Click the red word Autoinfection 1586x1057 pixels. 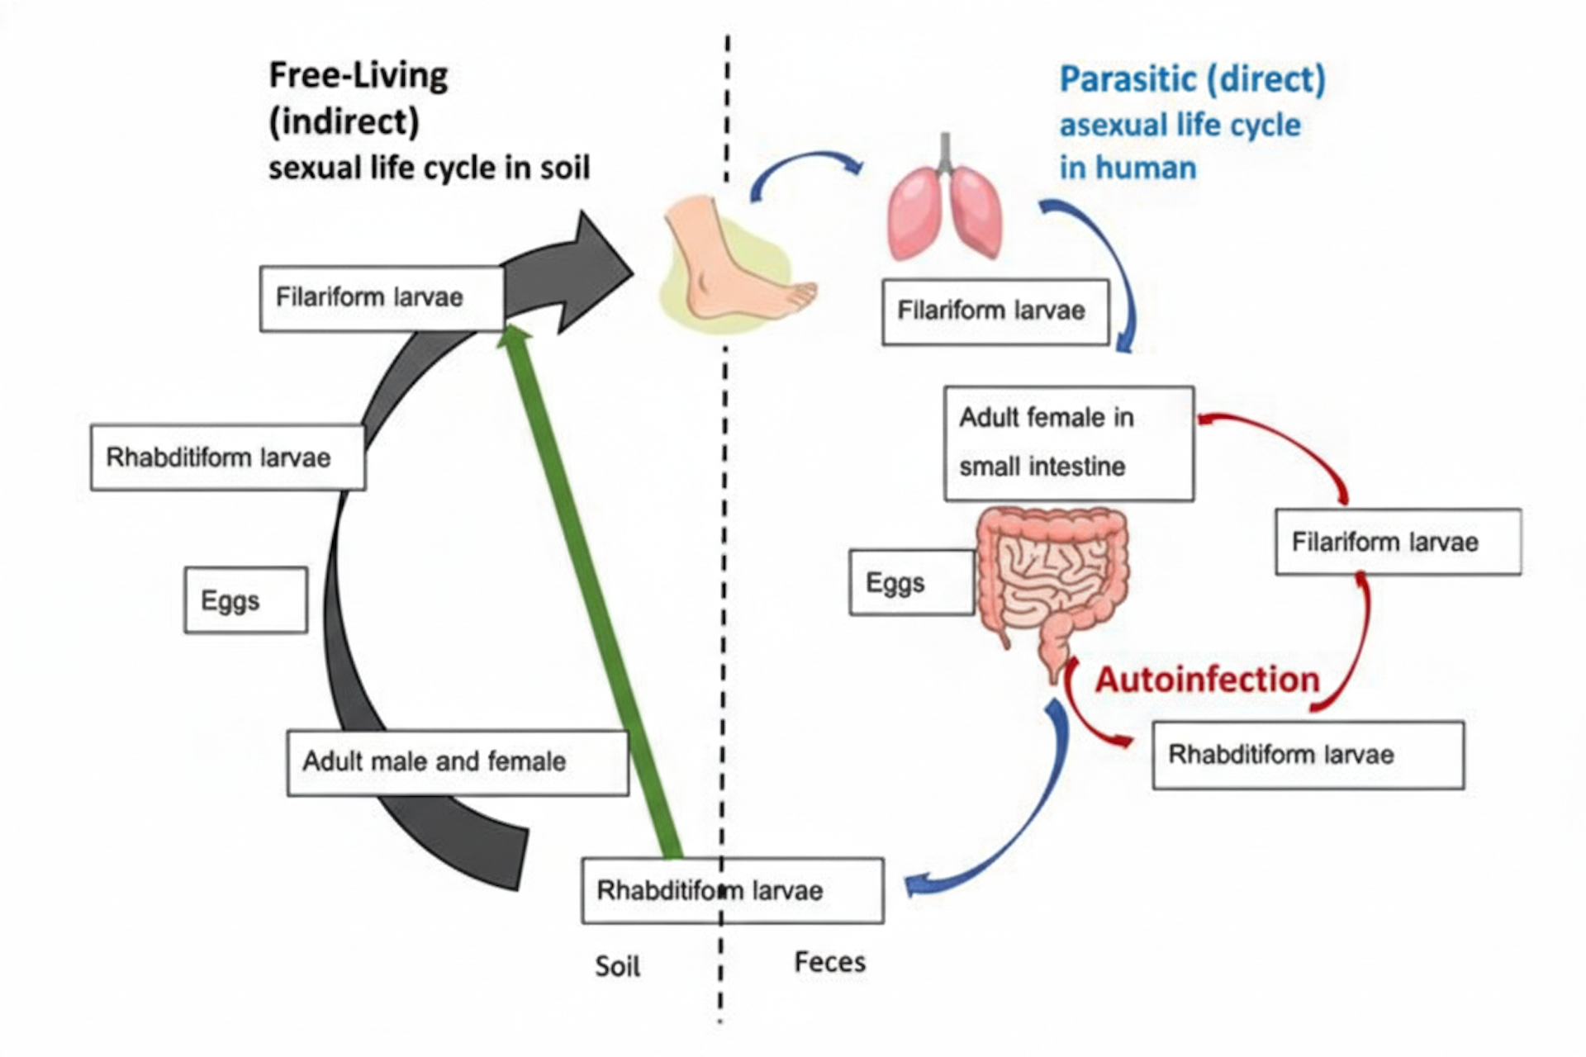tap(1207, 680)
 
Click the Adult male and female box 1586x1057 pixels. tap(457, 762)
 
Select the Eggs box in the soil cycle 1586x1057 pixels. tap(245, 600)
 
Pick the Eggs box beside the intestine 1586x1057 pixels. tap(911, 583)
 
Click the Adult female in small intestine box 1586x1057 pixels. tap(1068, 443)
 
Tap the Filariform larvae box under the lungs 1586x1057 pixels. tap(995, 311)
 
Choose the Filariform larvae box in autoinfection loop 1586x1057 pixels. tap(1398, 542)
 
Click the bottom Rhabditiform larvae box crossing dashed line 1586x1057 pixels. tap(732, 890)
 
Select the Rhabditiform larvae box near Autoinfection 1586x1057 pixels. tap(1308, 755)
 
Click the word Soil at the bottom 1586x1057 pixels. tap(617, 965)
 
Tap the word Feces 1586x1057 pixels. tap(829, 962)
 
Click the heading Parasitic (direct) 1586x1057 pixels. tap(1192, 80)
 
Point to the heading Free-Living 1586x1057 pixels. tap(359, 76)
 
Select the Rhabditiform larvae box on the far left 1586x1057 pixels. tap(227, 457)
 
